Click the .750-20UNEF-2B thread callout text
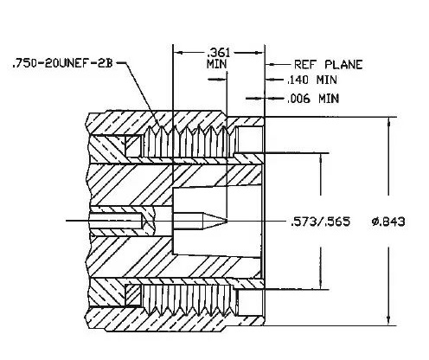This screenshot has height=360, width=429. pos(62,63)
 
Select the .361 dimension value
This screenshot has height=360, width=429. pos(219,53)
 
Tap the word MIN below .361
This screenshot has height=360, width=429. pos(216,64)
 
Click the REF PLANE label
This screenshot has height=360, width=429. pos(328,64)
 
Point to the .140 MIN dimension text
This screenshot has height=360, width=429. pos(312,80)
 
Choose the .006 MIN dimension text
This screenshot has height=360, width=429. pos(313,99)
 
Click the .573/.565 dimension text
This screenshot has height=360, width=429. pos(320,222)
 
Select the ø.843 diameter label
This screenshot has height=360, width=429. pos(388,222)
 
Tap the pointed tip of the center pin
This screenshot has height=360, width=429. pos(227,221)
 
